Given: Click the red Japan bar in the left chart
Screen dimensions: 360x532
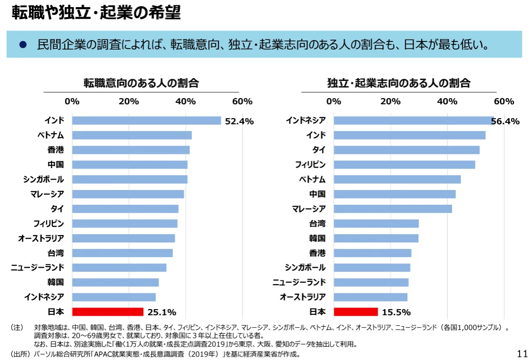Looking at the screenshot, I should point(108,312).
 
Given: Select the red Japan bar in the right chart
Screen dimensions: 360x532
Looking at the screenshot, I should point(356,312).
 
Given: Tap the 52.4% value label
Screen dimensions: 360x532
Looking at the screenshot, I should point(239,121).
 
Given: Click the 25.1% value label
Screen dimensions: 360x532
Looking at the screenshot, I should point(162,312).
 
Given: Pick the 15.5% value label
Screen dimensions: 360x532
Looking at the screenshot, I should point(396,312).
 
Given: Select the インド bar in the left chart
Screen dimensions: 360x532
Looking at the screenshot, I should point(147,120).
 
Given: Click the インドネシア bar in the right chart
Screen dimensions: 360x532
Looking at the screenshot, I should point(413,120).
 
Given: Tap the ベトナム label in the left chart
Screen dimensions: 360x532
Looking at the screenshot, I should point(51,135).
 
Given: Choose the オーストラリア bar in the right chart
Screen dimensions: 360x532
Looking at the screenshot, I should point(371,297).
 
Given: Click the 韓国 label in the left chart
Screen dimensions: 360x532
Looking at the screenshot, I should point(56,282).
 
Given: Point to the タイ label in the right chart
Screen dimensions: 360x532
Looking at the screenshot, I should point(319,150).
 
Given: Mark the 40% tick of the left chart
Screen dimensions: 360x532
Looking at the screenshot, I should point(185,101).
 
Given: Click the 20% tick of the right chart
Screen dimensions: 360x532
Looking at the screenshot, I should point(391,101).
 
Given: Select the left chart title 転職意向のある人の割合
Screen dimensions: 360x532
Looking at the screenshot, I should point(141,83).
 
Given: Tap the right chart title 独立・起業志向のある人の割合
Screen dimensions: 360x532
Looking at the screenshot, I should point(399,83).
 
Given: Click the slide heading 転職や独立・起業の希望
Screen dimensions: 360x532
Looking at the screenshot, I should point(96,13).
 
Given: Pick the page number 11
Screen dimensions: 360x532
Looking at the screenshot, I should point(522,353).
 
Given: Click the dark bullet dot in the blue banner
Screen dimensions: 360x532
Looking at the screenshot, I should point(22,45).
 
